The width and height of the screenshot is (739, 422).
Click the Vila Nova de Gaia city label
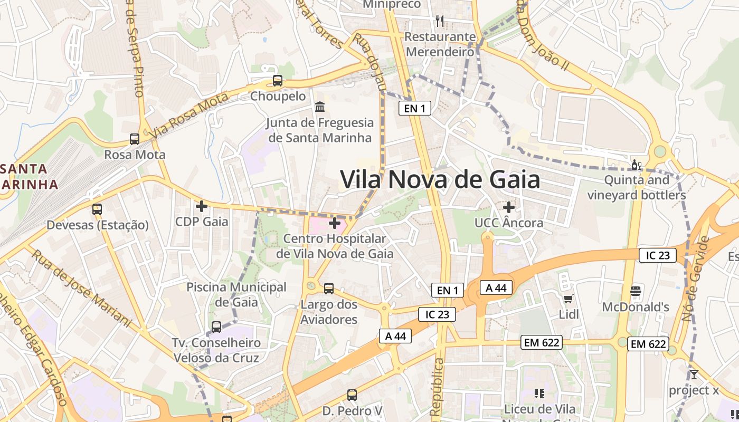coord(440,180)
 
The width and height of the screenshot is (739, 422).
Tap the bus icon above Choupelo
coord(278,81)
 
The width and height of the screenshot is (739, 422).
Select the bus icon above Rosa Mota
coord(135,139)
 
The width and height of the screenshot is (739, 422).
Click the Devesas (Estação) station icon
coord(97,209)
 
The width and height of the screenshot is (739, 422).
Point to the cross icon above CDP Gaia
coord(202,206)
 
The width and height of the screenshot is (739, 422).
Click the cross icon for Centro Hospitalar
coord(335,224)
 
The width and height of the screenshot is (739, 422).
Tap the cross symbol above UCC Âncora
coord(509,207)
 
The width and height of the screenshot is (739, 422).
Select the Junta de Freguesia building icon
coord(320,107)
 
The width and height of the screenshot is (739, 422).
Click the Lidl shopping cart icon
coord(569,299)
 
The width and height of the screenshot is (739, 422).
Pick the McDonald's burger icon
coord(636,291)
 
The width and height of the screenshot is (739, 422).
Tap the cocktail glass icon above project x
coord(694,375)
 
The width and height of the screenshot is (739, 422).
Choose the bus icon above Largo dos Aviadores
coord(329,289)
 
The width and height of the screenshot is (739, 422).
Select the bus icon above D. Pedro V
coord(352,395)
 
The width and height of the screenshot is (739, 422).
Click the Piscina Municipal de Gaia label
coord(236,294)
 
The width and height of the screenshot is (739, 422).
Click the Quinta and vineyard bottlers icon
coord(637,165)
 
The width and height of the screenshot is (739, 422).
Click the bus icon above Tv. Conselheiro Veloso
coord(216,327)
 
